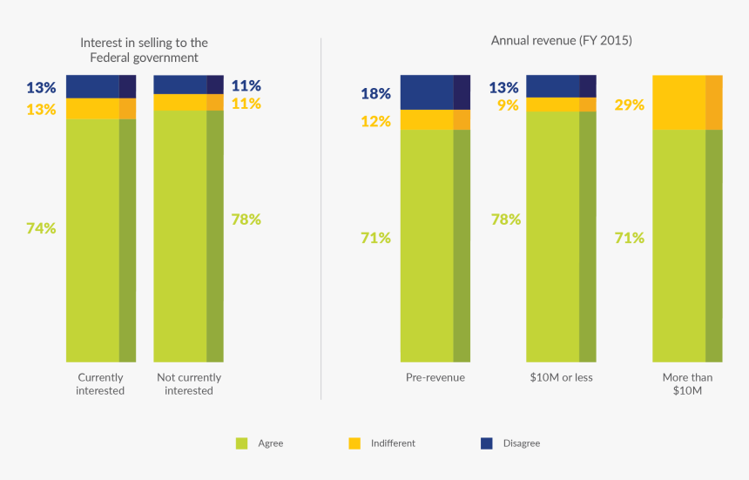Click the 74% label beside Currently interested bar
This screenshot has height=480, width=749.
click(41, 228)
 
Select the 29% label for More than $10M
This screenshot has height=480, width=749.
click(629, 105)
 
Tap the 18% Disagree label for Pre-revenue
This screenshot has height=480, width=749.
click(375, 93)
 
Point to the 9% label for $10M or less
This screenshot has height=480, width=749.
click(508, 105)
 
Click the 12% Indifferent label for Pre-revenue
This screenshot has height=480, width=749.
click(375, 121)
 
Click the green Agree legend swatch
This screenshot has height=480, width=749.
click(242, 443)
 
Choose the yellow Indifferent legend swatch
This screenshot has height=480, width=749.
click(354, 443)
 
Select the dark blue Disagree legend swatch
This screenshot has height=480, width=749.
click(487, 443)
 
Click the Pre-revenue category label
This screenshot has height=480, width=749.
click(435, 378)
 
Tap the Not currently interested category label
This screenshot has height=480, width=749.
click(189, 384)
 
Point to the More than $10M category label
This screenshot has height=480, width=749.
click(687, 384)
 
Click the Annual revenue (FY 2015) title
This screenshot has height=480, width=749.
click(561, 41)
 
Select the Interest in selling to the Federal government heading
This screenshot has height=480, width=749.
click(144, 50)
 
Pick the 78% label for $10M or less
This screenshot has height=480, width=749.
click(505, 220)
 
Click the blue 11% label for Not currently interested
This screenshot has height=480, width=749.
click(246, 85)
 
